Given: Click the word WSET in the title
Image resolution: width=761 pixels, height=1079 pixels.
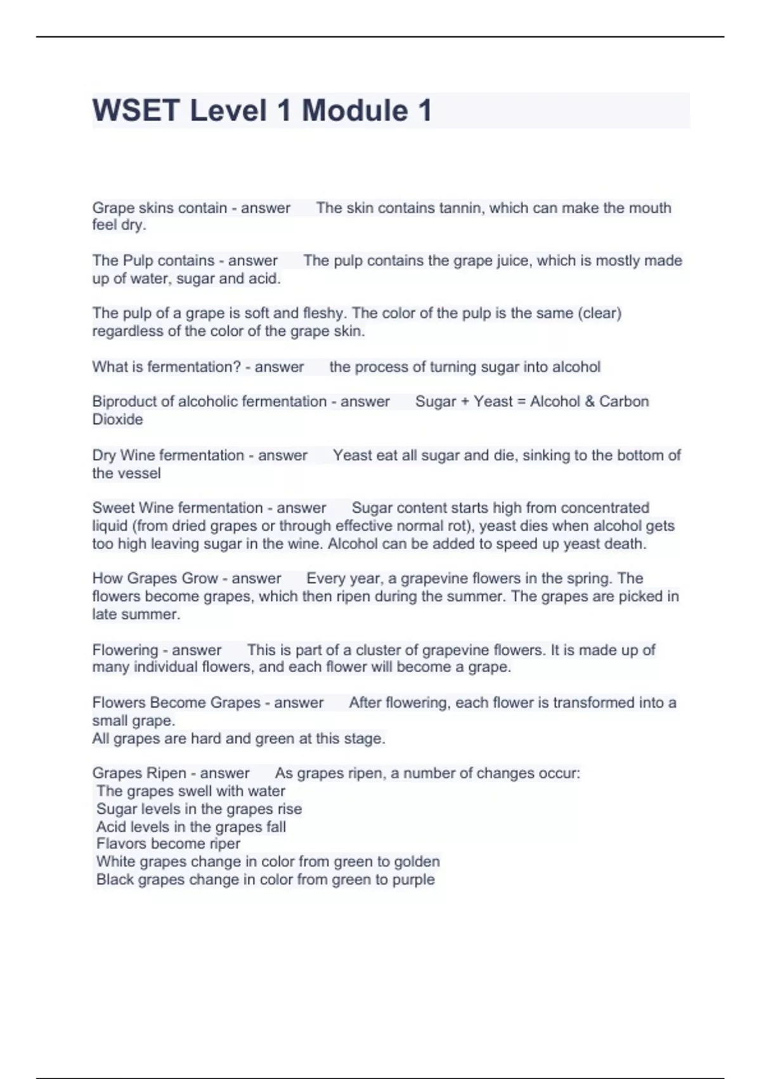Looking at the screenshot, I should pos(136,110).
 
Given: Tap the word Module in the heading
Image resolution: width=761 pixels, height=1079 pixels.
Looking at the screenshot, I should pos(355,110).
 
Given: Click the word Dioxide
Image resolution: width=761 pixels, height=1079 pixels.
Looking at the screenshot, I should pos(117,419).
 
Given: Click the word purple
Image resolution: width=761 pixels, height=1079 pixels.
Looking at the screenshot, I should pos(413,879).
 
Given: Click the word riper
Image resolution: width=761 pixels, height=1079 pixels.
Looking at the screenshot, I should pos(223,844).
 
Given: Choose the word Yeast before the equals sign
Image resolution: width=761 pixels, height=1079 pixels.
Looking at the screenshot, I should pos(493,401).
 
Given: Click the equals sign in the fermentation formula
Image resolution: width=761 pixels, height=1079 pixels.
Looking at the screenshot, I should pos(521,401).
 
